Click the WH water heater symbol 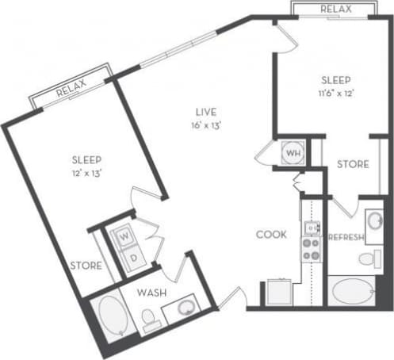292,152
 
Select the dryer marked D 132,257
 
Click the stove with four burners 310,251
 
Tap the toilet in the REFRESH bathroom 367,259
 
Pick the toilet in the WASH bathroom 150,320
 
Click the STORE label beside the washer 85,266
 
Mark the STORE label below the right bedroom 353,164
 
